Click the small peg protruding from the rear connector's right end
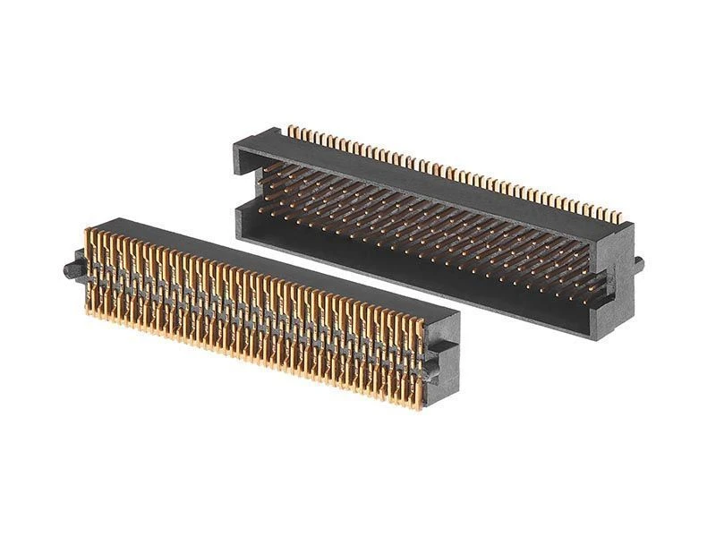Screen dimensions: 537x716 (638, 263)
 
